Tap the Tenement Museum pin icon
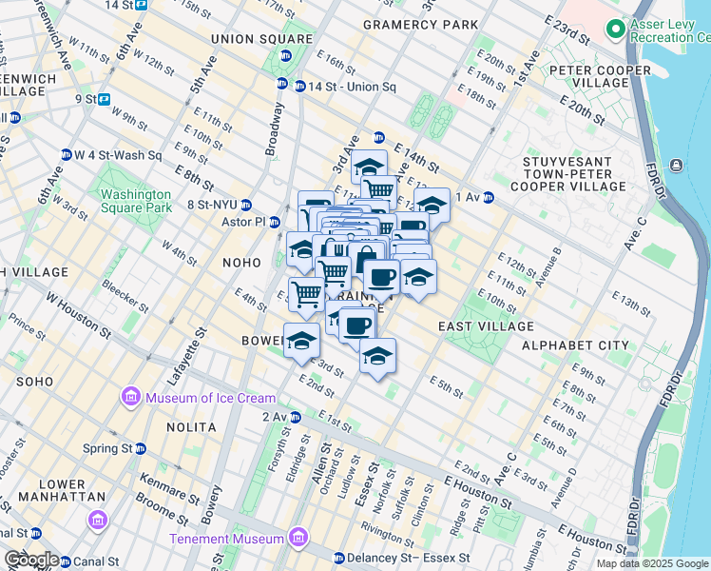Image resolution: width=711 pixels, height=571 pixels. coord(298,540)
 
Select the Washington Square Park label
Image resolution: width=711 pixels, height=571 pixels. coord(136,201)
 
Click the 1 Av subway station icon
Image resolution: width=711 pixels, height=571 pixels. coord(489,197)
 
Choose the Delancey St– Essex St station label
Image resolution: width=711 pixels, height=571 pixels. coord(413,558)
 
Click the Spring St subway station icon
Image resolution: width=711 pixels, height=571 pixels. coord(141,448)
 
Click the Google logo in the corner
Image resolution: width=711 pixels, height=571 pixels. coord(30,559)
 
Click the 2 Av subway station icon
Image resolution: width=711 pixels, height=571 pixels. coord(296,417)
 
